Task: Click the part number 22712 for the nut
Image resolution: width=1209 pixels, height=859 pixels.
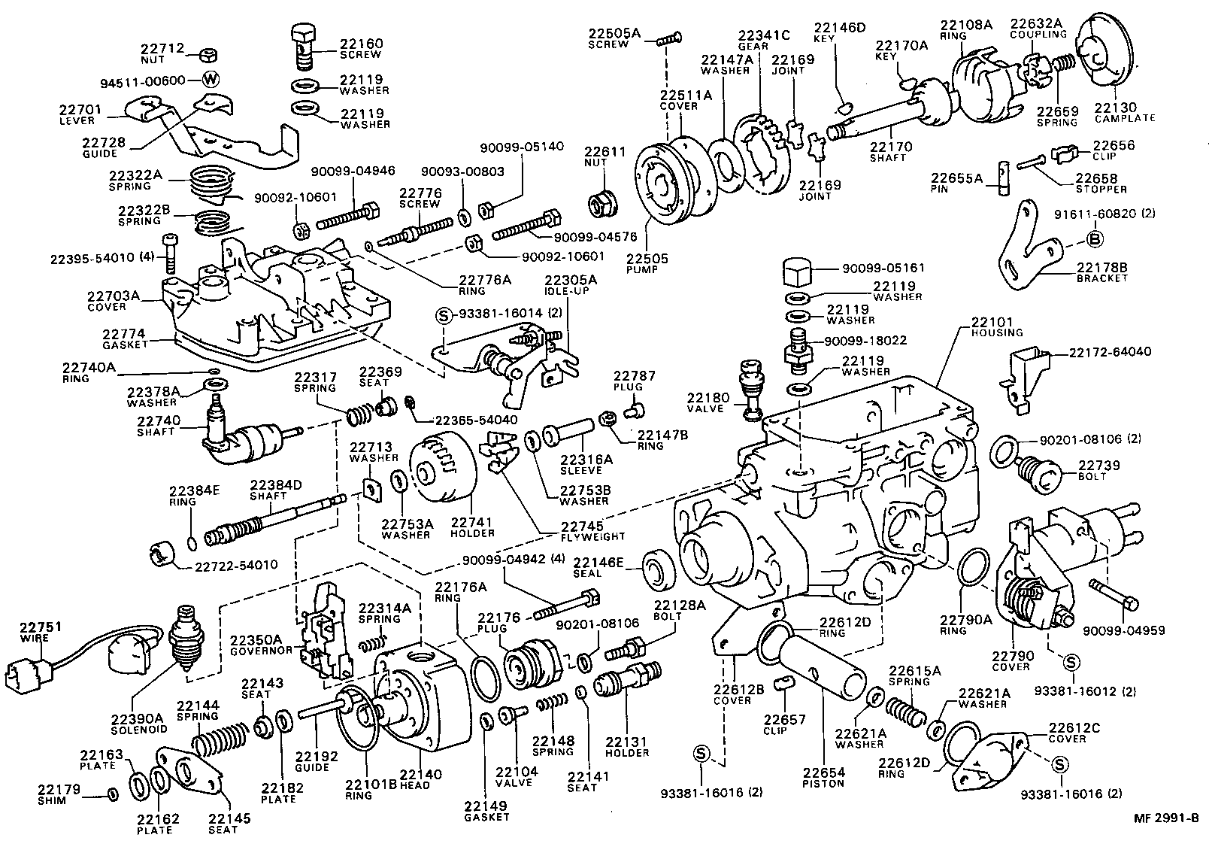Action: pos(162,48)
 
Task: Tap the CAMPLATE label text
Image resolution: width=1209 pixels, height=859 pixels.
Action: pos(1124,118)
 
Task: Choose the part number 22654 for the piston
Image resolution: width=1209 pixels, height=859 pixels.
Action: pos(823,772)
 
